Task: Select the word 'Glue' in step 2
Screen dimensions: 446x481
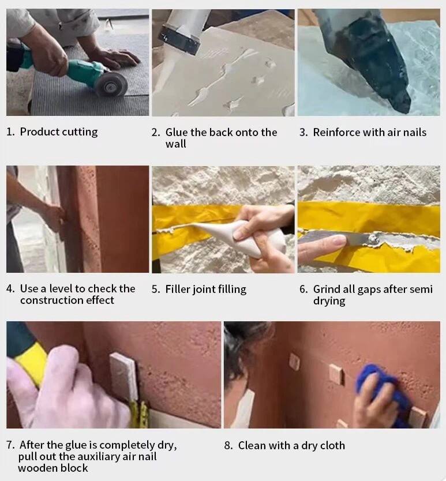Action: pyautogui.click(x=177, y=132)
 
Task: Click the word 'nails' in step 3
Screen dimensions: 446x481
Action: pyautogui.click(x=414, y=132)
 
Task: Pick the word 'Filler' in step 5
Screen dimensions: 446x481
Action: pyautogui.click(x=178, y=289)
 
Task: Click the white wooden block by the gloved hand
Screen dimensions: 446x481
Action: pyautogui.click(x=123, y=378)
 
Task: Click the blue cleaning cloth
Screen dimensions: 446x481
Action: pyautogui.click(x=382, y=389)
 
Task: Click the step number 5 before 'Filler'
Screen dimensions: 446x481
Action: pyautogui.click(x=156, y=290)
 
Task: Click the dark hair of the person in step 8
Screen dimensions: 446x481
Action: pyautogui.click(x=242, y=347)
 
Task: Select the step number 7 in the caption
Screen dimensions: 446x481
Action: pyautogui.click(x=10, y=445)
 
